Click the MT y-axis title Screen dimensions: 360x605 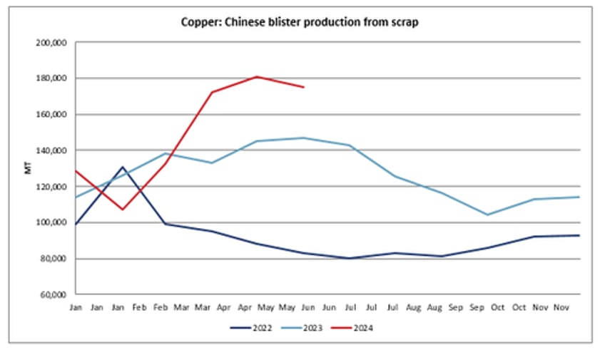26,169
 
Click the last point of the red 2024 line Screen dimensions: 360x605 304,87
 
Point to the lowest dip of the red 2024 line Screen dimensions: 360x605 122,210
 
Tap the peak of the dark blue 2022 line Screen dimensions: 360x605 122,167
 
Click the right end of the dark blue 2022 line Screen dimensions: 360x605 579,235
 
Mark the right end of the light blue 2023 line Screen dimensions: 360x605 579,197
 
